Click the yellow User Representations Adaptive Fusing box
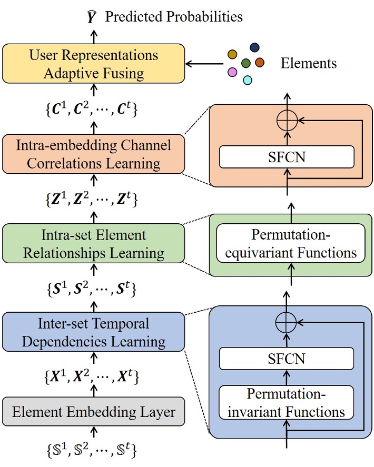[x=93, y=63]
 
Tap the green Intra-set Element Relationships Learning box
[x=93, y=244]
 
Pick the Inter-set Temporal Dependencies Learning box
[x=93, y=333]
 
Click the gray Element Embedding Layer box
[x=93, y=412]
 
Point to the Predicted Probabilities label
[x=174, y=17]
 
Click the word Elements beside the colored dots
[x=309, y=64]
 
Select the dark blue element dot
[x=254, y=48]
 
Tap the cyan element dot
[x=247, y=80]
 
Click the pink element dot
[x=232, y=72]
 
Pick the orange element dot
[x=259, y=63]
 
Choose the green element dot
[x=245, y=64]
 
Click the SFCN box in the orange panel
[x=287, y=157]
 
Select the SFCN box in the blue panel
[x=287, y=360]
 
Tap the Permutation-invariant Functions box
[x=287, y=402]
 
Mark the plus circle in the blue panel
[x=287, y=322]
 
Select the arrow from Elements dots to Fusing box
[x=204, y=64]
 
